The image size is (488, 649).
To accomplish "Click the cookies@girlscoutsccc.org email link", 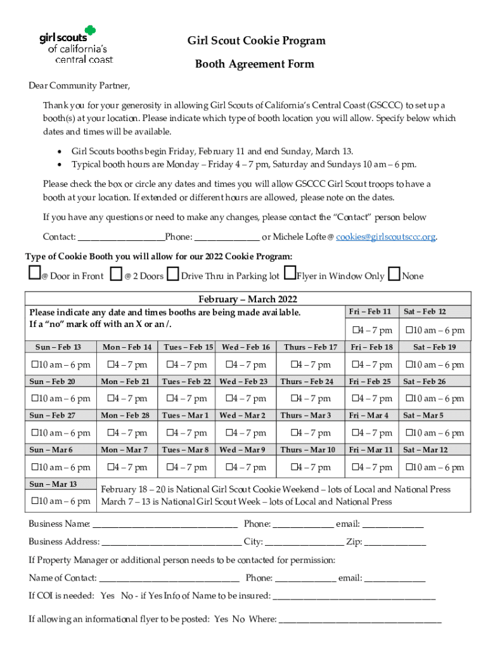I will [386, 237].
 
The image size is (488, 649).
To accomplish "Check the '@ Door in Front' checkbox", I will [34, 274].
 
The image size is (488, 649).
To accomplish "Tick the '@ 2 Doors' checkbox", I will [116, 274].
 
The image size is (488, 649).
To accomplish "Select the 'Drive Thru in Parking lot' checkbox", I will [172, 275].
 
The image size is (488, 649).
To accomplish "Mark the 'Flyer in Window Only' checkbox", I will [289, 274].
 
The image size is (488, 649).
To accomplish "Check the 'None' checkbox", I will [394, 274].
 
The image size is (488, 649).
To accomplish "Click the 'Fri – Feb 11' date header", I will [371, 312].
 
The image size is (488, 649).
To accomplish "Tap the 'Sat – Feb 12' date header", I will [433, 312].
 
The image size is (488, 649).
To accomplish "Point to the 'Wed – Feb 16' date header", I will [246, 347].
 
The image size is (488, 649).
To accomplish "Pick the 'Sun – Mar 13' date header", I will [56, 484].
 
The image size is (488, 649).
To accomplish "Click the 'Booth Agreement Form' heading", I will [254, 65].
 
